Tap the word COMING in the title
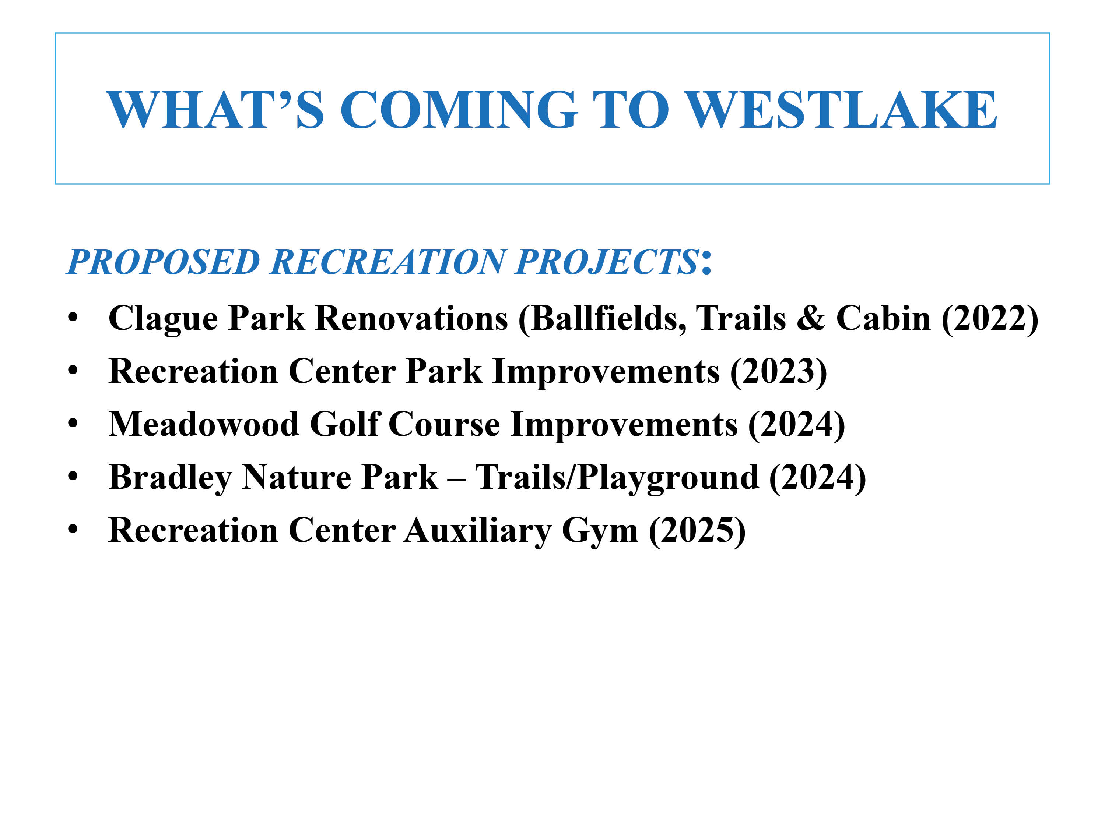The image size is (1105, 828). [x=459, y=109]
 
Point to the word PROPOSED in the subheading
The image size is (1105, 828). [x=163, y=262]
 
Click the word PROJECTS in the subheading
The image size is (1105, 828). [x=607, y=262]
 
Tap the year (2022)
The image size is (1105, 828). [x=990, y=319]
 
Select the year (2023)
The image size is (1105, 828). [x=778, y=372]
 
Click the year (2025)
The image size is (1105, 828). [x=697, y=531]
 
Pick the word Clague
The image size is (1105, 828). [x=163, y=319]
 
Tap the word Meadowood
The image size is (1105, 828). [x=204, y=424]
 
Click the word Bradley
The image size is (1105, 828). [x=170, y=478]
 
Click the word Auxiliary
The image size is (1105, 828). [x=478, y=531]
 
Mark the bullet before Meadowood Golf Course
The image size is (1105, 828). [x=73, y=424]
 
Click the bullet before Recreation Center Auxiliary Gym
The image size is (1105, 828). [x=73, y=530]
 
